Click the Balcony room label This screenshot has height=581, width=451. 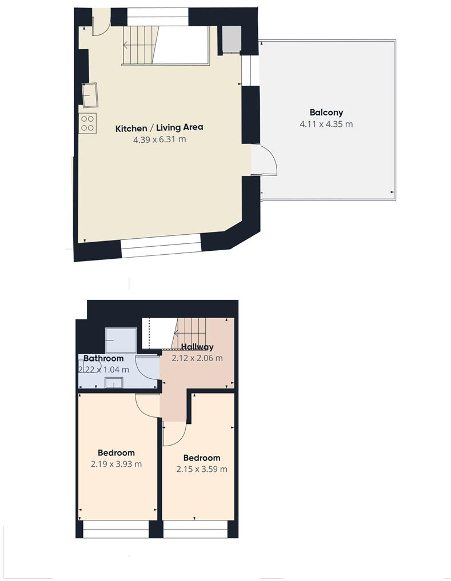pyautogui.click(x=326, y=113)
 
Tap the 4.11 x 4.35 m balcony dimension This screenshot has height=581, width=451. pyautogui.click(x=326, y=124)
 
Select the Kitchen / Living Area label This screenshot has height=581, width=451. pyautogui.click(x=159, y=128)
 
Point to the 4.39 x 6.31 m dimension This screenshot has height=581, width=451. pyautogui.click(x=159, y=139)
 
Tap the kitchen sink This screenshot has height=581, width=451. pyautogui.click(x=90, y=95)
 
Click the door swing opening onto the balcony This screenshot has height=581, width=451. pyautogui.click(x=263, y=161)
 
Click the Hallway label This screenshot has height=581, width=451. pyautogui.click(x=197, y=347)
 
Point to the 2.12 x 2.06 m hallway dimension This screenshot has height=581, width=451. pyautogui.click(x=197, y=358)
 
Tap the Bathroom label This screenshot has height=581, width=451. pyautogui.click(x=103, y=359)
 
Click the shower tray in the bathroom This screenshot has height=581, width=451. pyautogui.click(x=121, y=340)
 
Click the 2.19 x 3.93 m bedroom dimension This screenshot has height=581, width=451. pyautogui.click(x=116, y=464)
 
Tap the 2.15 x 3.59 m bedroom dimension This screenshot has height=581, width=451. pyautogui.click(x=202, y=469)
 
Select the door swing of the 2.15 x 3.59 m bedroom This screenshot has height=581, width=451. pyautogui.click(x=173, y=434)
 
